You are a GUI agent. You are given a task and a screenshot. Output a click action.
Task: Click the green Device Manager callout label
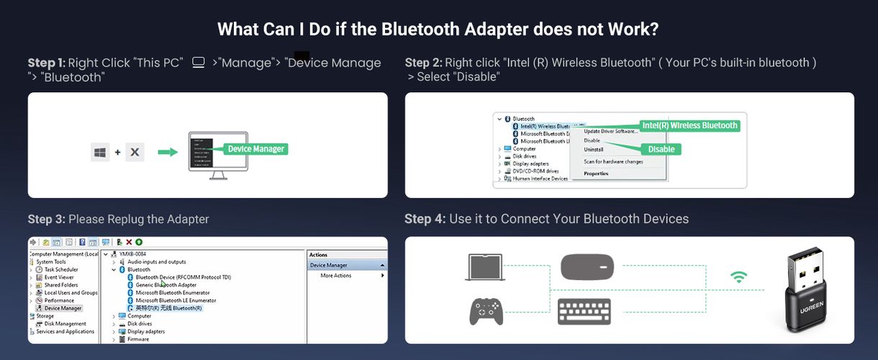(256, 149)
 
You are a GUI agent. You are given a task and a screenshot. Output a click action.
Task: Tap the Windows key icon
(100, 152)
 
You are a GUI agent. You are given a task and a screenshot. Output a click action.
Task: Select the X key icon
(135, 152)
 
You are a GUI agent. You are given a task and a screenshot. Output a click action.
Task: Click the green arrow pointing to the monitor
(168, 152)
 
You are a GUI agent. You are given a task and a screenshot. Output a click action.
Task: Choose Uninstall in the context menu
(593, 150)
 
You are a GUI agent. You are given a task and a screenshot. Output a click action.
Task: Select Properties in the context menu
(596, 174)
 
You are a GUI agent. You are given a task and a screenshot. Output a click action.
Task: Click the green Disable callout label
(661, 149)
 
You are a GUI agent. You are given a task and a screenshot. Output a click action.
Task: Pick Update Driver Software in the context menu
(610, 131)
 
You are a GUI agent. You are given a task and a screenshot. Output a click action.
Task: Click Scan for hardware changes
(613, 161)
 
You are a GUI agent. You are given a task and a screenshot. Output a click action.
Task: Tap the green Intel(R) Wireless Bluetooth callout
(689, 125)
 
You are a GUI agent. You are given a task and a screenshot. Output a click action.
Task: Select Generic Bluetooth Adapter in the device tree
(166, 285)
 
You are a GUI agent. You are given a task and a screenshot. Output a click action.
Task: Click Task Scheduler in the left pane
(60, 270)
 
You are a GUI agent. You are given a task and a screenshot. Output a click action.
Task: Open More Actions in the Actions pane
(336, 276)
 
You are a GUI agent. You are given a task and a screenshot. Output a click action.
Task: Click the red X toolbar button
(129, 243)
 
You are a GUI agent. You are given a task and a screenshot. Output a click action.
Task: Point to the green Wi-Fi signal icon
(738, 276)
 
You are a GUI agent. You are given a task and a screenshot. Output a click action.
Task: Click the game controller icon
(486, 312)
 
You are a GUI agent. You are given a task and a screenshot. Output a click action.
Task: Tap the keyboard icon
(584, 311)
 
